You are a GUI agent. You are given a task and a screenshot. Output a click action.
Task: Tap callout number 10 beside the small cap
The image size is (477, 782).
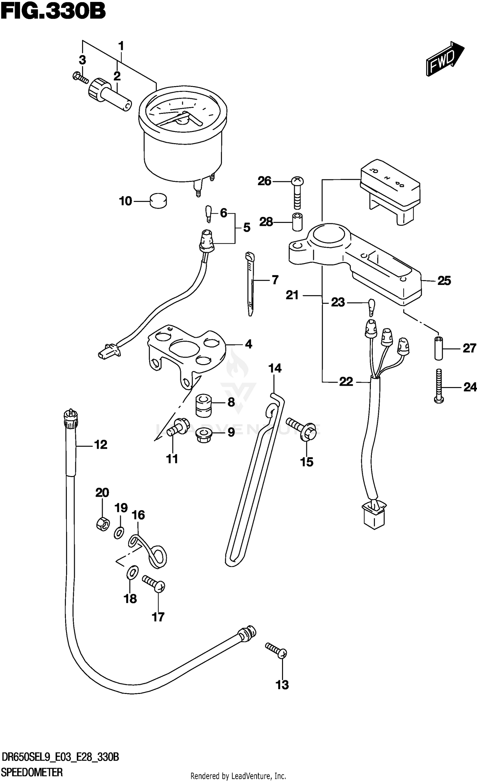coord(125,201)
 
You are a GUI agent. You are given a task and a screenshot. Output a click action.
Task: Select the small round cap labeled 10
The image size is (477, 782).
coord(158,201)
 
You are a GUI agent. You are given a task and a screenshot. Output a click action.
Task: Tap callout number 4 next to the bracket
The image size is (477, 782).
coord(248,344)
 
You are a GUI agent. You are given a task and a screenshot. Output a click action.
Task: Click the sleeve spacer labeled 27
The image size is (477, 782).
coord(439,348)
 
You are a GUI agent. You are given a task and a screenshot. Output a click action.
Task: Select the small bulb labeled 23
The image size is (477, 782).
coord(371,307)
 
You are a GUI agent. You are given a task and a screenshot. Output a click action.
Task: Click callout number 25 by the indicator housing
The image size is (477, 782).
coord(444,281)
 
